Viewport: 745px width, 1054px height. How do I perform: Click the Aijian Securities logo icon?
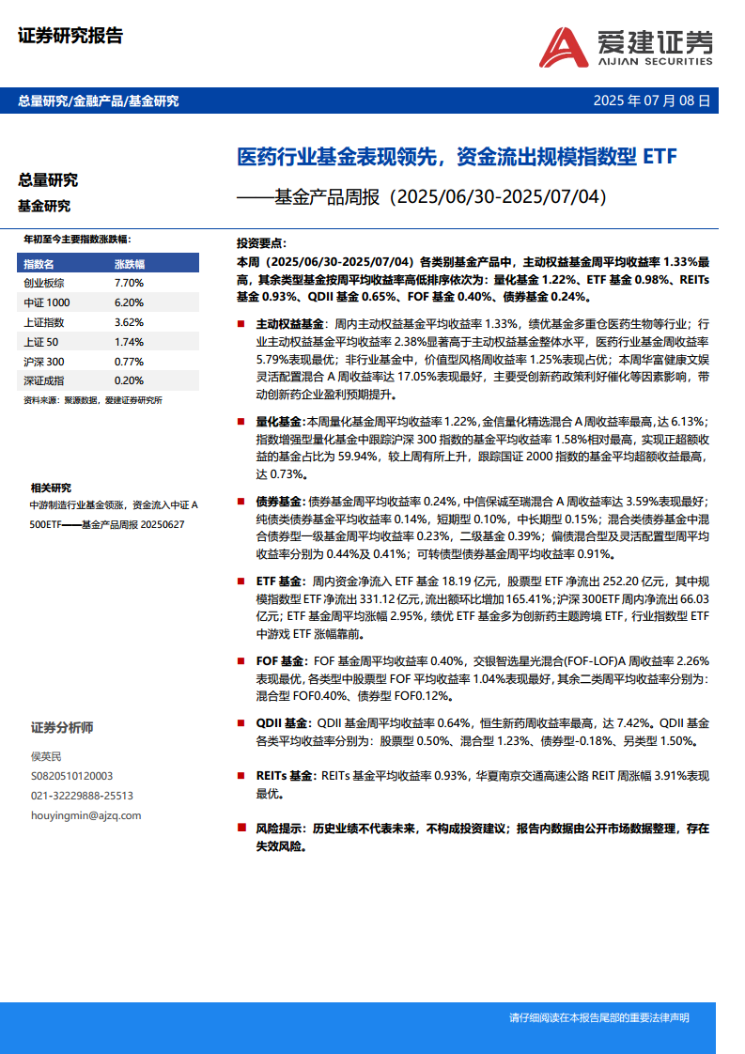click(566, 47)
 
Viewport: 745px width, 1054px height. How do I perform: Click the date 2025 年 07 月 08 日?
click(652, 101)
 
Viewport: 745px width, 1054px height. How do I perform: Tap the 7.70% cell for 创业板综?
click(128, 282)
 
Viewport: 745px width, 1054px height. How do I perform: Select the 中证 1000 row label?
click(47, 302)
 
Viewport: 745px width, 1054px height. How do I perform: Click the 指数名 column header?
click(39, 263)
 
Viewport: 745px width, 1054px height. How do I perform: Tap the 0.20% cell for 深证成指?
click(128, 380)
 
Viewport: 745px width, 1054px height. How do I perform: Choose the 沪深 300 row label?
click(44, 362)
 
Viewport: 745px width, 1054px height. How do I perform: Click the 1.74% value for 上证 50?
click(128, 342)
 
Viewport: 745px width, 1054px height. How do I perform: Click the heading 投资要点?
click(262, 242)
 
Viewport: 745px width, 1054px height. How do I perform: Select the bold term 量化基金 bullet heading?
click(279, 422)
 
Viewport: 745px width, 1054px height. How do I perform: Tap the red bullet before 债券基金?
click(243, 503)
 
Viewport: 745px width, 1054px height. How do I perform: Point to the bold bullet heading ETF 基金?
click(279, 582)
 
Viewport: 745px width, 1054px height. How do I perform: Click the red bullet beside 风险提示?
click(243, 829)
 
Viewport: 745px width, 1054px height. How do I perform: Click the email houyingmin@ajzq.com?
click(86, 815)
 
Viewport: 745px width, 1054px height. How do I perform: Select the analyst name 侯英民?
click(47, 756)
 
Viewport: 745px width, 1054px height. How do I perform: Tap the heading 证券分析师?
click(62, 728)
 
